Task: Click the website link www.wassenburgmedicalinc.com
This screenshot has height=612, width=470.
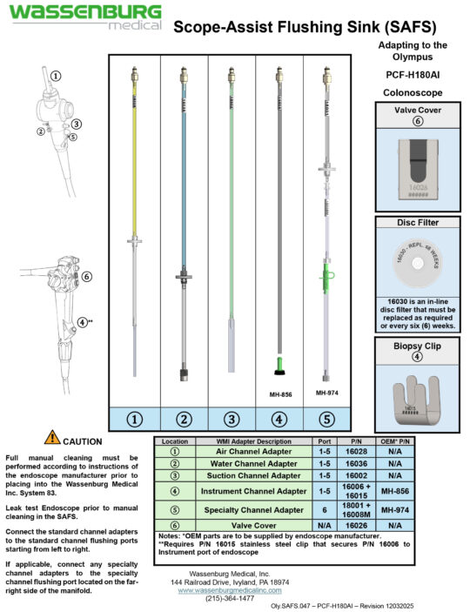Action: pyautogui.click(x=223, y=589)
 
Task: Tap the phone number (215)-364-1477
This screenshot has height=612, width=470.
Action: pyautogui.click(x=223, y=599)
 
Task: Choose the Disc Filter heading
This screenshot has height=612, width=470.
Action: pyautogui.click(x=416, y=222)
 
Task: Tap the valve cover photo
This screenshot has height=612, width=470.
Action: pyautogui.click(x=416, y=168)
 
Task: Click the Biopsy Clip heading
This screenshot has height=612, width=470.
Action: pyautogui.click(x=416, y=344)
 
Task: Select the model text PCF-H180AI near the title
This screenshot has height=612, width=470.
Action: pyautogui.click(x=413, y=76)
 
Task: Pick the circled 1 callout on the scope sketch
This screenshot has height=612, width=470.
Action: pyautogui.click(x=56, y=76)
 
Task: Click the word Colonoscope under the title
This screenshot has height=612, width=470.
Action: pyautogui.click(x=413, y=92)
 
